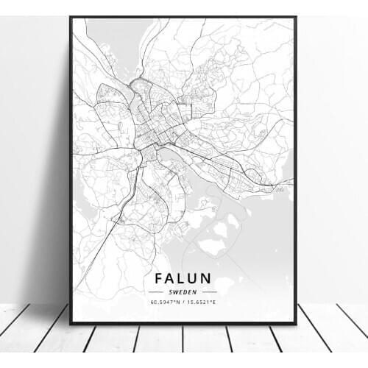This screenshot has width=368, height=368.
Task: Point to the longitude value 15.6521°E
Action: (x=206, y=301)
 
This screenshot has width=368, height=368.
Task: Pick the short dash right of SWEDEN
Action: (x=208, y=291)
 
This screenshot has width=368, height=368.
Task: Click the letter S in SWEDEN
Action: (x=170, y=291)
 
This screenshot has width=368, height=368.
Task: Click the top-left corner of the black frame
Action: (x=71, y=17)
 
